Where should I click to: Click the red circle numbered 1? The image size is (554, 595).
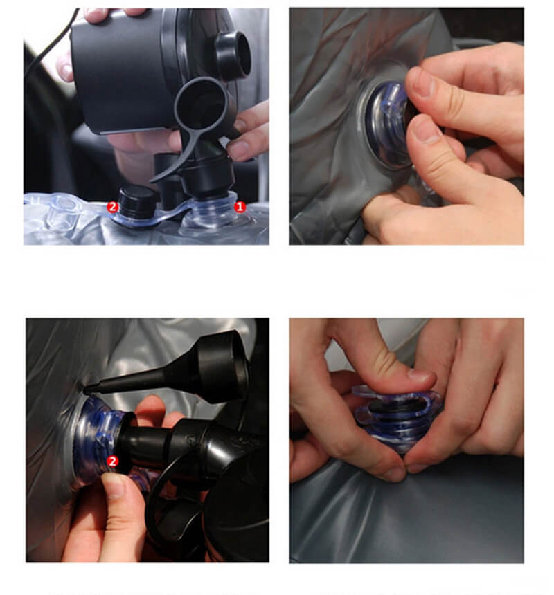[x=240, y=206]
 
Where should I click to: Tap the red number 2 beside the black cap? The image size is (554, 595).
[x=111, y=206]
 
